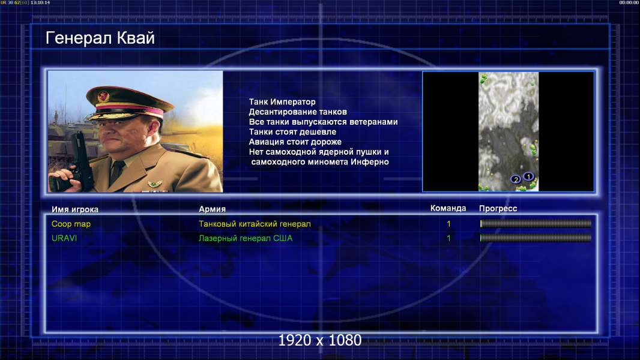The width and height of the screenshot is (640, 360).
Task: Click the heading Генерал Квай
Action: [100, 38]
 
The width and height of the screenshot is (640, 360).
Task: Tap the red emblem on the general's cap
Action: [103, 96]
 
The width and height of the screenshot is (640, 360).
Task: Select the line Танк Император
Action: [282, 102]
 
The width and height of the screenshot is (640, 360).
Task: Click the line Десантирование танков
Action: [298, 112]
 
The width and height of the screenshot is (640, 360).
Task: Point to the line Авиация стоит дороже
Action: [295, 142]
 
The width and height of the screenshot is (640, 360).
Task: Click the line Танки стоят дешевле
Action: [292, 131]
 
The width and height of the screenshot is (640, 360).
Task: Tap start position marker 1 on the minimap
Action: [528, 176]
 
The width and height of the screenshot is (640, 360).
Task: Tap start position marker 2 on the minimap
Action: [516, 179]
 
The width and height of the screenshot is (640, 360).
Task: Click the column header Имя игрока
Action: [74, 209]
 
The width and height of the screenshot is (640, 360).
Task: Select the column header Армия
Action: [212, 209]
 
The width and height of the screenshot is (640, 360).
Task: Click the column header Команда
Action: [448, 208]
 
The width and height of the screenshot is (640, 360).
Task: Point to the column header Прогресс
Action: [498, 209]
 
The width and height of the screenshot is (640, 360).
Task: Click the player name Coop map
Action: [71, 224]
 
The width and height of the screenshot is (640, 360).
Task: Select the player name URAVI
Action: [64, 238]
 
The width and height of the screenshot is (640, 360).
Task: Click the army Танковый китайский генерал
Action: [255, 224]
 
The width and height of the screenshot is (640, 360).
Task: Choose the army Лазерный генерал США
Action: [246, 238]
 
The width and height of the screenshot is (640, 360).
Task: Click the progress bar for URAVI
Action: [536, 238]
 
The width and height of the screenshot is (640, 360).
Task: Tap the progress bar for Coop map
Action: [536, 223]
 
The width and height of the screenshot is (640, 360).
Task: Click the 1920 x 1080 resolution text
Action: [320, 340]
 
